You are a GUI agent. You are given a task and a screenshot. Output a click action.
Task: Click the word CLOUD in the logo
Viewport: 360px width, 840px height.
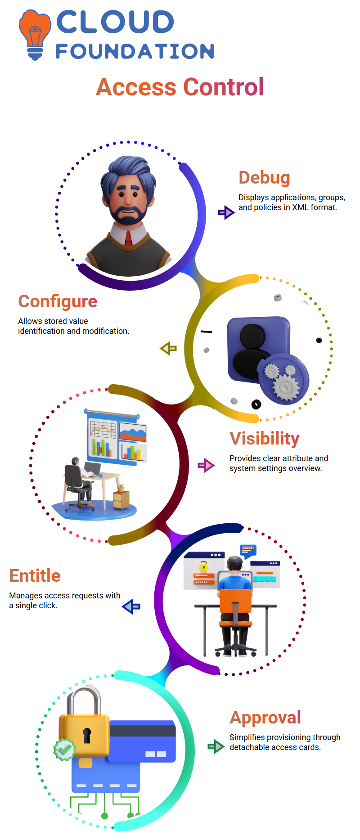(x=115, y=22)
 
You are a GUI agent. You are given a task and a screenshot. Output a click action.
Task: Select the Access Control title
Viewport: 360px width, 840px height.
(x=180, y=87)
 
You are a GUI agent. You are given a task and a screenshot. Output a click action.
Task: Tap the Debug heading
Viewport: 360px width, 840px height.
(x=264, y=178)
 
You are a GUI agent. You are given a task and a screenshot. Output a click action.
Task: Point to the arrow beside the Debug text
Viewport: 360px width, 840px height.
(x=226, y=212)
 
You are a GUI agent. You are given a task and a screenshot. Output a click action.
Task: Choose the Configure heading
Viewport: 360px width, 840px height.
(x=58, y=301)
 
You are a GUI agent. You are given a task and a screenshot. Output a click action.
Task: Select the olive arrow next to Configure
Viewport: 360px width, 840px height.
(x=168, y=348)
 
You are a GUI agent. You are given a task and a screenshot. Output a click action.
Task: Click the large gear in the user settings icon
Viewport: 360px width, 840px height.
(x=286, y=386)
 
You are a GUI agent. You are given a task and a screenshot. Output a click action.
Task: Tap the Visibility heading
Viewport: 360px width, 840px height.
(x=265, y=439)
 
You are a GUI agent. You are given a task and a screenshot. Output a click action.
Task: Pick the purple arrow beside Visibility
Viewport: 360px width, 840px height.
(x=206, y=465)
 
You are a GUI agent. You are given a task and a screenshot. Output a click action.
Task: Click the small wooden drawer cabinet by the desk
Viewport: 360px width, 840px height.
(x=121, y=499)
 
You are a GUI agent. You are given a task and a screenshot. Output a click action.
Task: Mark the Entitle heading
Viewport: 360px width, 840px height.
(x=35, y=576)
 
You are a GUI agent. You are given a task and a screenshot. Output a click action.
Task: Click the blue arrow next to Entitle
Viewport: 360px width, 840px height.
(x=131, y=606)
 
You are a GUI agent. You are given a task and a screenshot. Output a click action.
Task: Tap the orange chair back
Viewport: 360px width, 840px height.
(x=236, y=601)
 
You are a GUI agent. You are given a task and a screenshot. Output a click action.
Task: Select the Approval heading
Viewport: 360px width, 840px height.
(x=265, y=718)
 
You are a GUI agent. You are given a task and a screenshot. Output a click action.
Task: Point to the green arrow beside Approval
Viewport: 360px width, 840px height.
(x=216, y=747)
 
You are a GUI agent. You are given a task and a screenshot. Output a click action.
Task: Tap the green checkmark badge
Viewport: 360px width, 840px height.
(x=64, y=750)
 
